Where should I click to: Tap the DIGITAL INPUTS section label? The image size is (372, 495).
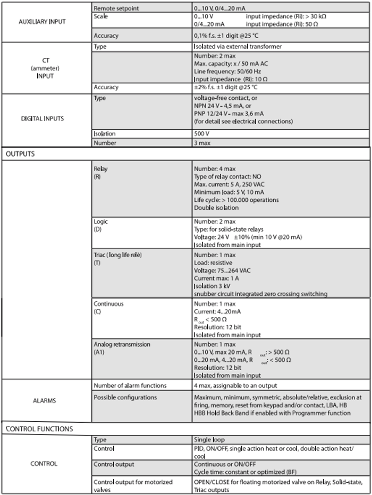(46, 118)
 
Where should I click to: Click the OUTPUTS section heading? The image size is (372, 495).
(20, 153)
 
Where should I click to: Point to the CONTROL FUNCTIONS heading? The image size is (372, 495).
(39, 428)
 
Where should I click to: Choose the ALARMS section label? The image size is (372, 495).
(46, 401)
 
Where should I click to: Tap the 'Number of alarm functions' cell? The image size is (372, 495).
(130, 385)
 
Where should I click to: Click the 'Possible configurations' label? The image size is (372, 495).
(126, 397)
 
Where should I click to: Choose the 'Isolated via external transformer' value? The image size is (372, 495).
(238, 46)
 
